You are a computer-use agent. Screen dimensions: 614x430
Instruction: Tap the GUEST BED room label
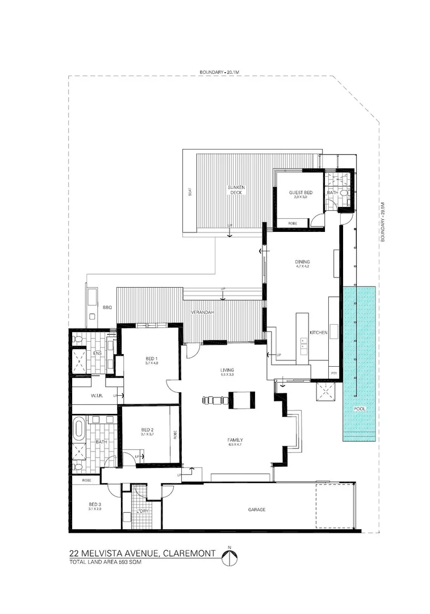coord(300,193)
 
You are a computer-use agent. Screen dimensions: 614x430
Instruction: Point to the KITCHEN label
coord(318,333)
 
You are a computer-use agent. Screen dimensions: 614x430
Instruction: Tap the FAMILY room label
coord(235,440)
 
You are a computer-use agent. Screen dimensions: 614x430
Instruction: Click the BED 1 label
coord(151,359)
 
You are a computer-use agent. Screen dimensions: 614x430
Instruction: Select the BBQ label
coord(107,307)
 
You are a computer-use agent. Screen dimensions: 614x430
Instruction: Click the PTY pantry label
coord(333,372)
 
